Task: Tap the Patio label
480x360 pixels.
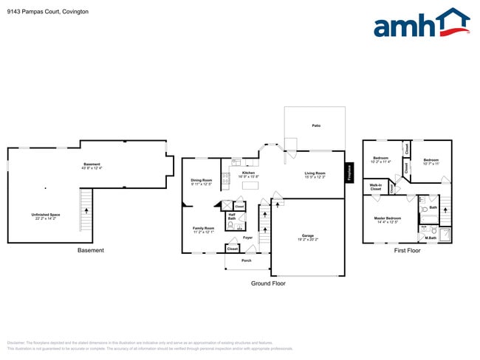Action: [x=315, y=126]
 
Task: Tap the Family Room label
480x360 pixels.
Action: [x=204, y=230]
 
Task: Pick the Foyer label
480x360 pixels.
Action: [x=248, y=238]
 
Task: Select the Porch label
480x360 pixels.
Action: [x=247, y=260]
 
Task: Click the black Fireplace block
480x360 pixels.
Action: [x=349, y=173]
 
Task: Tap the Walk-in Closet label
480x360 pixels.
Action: [x=376, y=188]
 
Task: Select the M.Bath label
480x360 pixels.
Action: [x=431, y=238]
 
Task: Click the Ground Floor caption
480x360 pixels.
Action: [x=268, y=283]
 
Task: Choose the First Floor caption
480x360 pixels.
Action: [x=406, y=251]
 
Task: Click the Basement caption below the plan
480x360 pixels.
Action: [x=91, y=251]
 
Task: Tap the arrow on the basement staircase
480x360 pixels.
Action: [x=87, y=211]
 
